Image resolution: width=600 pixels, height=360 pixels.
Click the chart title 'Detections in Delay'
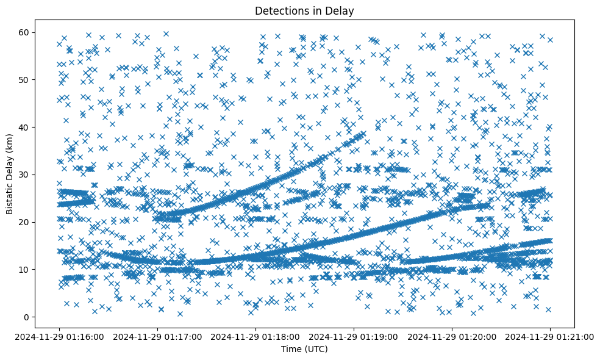coord(304,10)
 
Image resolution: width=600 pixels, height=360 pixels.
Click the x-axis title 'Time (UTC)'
coord(304,349)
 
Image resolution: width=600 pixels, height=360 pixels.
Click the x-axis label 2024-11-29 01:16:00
coord(59,336)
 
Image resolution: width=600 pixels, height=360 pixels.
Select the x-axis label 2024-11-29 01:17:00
coord(157,336)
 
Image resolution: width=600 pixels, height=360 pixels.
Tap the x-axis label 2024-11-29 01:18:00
coord(255,336)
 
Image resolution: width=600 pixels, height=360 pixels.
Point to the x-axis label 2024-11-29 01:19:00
coord(354,336)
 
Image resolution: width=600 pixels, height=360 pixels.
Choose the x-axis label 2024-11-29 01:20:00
coord(452,336)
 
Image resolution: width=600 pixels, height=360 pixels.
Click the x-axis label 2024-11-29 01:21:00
coord(550,336)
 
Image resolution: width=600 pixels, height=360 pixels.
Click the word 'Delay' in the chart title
coord(342,10)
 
